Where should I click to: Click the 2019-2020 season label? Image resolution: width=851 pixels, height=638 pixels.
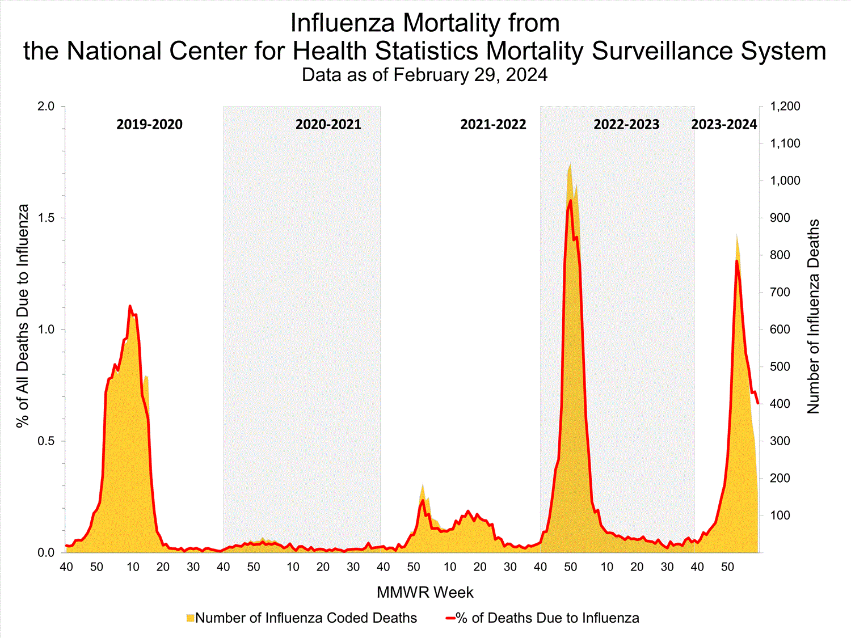pos(149,124)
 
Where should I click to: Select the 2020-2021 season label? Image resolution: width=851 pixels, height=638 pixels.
pos(328,124)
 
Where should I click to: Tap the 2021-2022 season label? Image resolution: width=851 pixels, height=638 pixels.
pos(493,124)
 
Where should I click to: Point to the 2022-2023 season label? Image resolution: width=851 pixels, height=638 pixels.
pos(626,124)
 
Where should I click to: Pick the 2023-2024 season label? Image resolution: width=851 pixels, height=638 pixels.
pos(724,124)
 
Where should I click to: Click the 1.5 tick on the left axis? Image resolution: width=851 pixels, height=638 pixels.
pos(45,218)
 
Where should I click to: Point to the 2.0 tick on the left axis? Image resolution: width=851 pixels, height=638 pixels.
pos(45,107)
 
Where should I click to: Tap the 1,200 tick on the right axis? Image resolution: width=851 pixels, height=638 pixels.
pos(785,107)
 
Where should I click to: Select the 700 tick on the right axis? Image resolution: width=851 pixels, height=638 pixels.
pos(780,292)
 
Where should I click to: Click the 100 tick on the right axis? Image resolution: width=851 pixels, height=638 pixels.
pos(780,516)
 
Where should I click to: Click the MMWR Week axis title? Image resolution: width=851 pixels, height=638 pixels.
pos(425,593)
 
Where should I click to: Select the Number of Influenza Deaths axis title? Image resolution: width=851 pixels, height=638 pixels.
pos(814,316)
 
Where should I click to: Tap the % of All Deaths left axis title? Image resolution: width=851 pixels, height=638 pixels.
pos(23,316)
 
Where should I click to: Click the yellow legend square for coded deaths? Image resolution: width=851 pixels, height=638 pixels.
pos(190,618)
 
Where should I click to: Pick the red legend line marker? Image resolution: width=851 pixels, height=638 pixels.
pos(450,618)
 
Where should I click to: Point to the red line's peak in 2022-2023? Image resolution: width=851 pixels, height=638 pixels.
pos(570,200)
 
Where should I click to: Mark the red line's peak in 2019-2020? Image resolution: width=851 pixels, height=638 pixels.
pos(130,306)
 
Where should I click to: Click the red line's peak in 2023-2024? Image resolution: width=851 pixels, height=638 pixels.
pos(736,260)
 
